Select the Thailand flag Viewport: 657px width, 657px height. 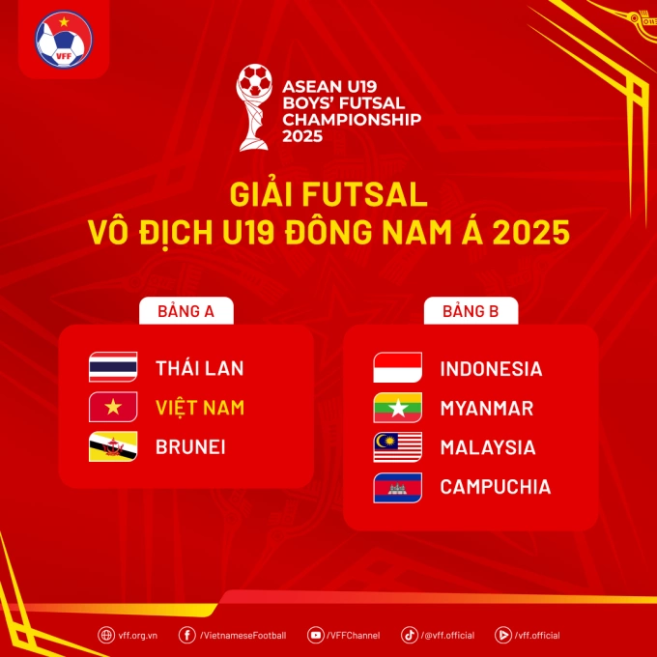click(x=113, y=367)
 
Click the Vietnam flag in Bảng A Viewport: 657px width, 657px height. click(x=113, y=407)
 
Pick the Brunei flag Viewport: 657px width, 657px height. click(x=113, y=446)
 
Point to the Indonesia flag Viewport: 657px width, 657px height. click(x=398, y=368)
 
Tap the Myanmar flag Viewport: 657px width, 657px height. click(x=398, y=408)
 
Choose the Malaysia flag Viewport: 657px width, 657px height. click(x=398, y=447)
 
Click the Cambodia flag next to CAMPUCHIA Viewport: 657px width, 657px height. click(x=398, y=487)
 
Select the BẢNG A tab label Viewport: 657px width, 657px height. click(x=185, y=311)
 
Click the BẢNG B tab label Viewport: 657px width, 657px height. click(x=471, y=311)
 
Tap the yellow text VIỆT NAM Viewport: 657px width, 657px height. click(x=200, y=407)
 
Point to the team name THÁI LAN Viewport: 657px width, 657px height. click(x=200, y=367)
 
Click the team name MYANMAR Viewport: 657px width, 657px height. click(x=486, y=408)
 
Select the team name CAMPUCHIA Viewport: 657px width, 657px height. click(x=496, y=487)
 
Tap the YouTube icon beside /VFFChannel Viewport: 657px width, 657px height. click(x=315, y=635)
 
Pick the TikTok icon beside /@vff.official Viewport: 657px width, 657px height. click(x=410, y=635)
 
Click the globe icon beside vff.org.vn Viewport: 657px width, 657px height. click(x=105, y=635)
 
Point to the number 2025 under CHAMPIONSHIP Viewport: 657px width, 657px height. click(x=303, y=136)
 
